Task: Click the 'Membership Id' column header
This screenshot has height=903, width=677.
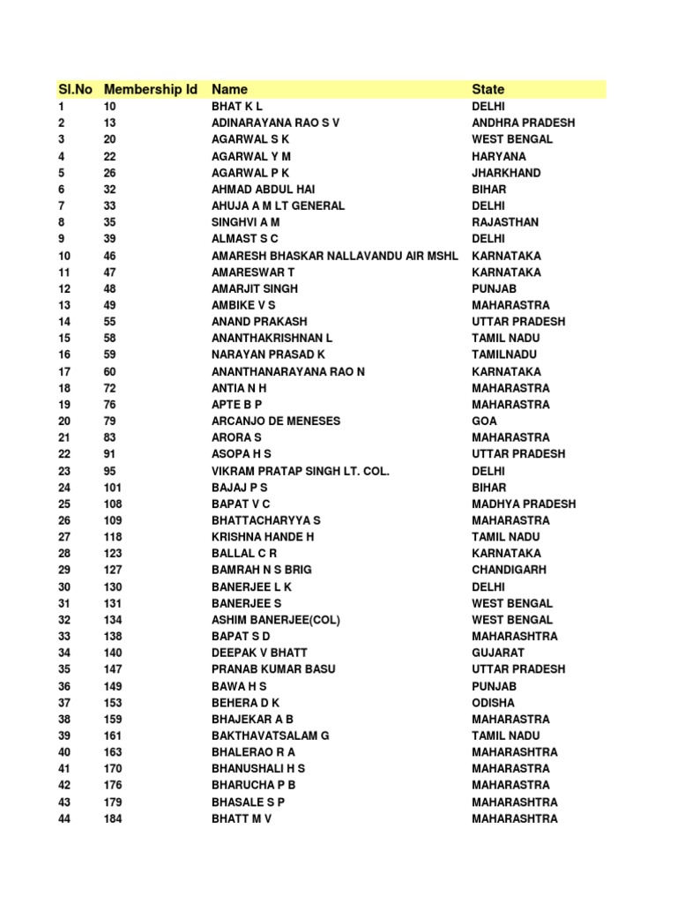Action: point(150,89)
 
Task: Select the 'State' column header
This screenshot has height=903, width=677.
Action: point(488,89)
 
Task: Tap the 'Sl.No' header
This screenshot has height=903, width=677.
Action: point(76,89)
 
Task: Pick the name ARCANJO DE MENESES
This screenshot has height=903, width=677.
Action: point(276,421)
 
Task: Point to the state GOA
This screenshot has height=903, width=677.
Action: point(485,421)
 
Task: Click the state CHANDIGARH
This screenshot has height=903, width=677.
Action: point(509,570)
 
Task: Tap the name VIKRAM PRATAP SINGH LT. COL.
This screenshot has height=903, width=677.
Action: point(300,471)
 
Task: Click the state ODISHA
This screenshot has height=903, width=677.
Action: point(494,703)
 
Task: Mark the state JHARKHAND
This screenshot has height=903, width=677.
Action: point(507,173)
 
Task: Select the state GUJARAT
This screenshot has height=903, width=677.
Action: point(498,653)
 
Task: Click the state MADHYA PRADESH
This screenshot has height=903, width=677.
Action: point(524,504)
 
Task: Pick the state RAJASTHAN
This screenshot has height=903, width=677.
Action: point(505,222)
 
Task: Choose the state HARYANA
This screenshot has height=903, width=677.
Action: point(499,156)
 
